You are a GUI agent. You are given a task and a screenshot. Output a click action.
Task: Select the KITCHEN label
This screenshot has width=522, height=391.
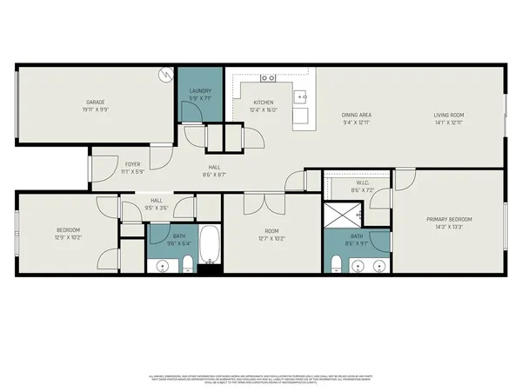point(263,103)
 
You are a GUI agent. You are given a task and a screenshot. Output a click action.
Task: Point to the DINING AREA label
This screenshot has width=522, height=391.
point(357,115)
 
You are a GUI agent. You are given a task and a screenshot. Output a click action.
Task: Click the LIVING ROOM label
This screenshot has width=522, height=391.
point(450,115)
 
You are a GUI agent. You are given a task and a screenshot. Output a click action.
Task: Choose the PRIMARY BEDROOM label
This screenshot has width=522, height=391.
point(448,219)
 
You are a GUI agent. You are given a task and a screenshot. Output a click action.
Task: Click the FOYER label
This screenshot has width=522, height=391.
point(132,163)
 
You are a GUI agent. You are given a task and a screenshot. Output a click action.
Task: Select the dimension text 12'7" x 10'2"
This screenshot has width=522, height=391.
point(273,237)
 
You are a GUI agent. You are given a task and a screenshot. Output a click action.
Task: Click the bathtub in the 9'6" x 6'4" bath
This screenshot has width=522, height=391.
point(210,247)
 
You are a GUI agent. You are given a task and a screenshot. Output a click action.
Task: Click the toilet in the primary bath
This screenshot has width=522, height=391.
point(338,265)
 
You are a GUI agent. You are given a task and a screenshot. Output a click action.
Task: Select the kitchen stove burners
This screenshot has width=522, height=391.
point(268,78)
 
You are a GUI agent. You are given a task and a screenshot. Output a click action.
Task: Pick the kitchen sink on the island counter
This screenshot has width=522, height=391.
point(301,96)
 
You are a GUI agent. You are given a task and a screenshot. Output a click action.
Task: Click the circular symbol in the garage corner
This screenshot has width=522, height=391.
point(165,76)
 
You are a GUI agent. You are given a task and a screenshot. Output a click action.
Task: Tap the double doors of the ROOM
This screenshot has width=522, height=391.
point(255,204)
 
